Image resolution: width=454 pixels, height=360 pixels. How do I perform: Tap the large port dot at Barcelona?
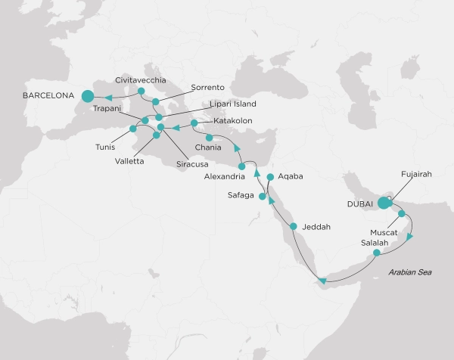click(x=87, y=96)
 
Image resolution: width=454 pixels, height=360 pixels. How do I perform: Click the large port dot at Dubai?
click(x=384, y=203)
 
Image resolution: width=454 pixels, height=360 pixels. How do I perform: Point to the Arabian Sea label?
click(x=409, y=272)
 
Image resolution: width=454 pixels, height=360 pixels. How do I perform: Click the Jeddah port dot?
click(x=294, y=226)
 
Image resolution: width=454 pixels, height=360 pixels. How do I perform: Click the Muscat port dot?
click(x=402, y=214)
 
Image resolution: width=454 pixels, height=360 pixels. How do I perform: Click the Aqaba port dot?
click(x=270, y=176)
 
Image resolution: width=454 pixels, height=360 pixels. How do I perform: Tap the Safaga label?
click(x=241, y=196)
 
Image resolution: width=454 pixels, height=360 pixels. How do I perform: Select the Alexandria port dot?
click(x=242, y=166)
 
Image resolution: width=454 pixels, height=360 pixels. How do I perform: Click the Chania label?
click(x=208, y=147)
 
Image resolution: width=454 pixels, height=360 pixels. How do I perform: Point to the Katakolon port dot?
click(x=194, y=123)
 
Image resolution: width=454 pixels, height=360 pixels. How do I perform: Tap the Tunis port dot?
click(x=132, y=138)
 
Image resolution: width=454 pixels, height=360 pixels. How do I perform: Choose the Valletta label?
click(x=131, y=161)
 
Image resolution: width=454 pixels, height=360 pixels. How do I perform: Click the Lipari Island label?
click(x=234, y=104)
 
